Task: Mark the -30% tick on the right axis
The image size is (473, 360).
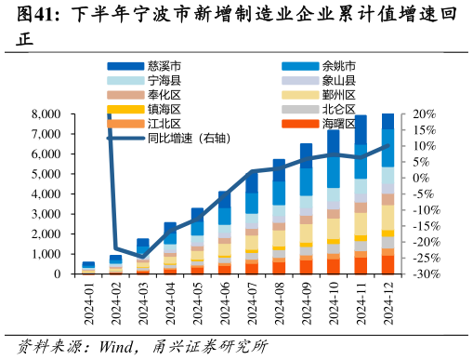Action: [x=425, y=274]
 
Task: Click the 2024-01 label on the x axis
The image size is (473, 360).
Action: [x=89, y=303]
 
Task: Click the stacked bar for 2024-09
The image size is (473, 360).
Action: [x=306, y=209]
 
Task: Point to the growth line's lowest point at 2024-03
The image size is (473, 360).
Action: [x=143, y=257]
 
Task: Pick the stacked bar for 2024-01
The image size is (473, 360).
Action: [x=88, y=269]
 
